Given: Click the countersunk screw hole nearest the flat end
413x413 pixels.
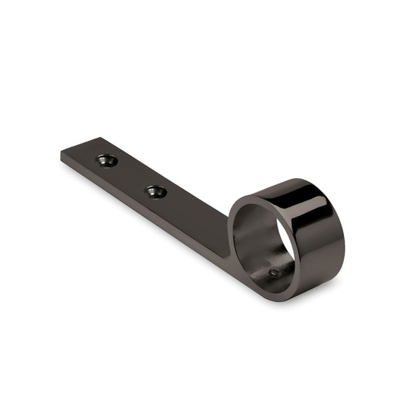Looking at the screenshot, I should point(106,160).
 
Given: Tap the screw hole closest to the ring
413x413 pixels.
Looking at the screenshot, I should point(156,192).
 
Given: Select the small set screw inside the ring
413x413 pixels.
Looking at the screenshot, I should point(274,272).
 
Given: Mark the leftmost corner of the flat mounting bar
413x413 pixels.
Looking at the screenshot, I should point(61,154).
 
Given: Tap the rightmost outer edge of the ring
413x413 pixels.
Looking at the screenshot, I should point(344,237).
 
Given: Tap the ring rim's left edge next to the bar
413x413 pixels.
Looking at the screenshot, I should point(232,223).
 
